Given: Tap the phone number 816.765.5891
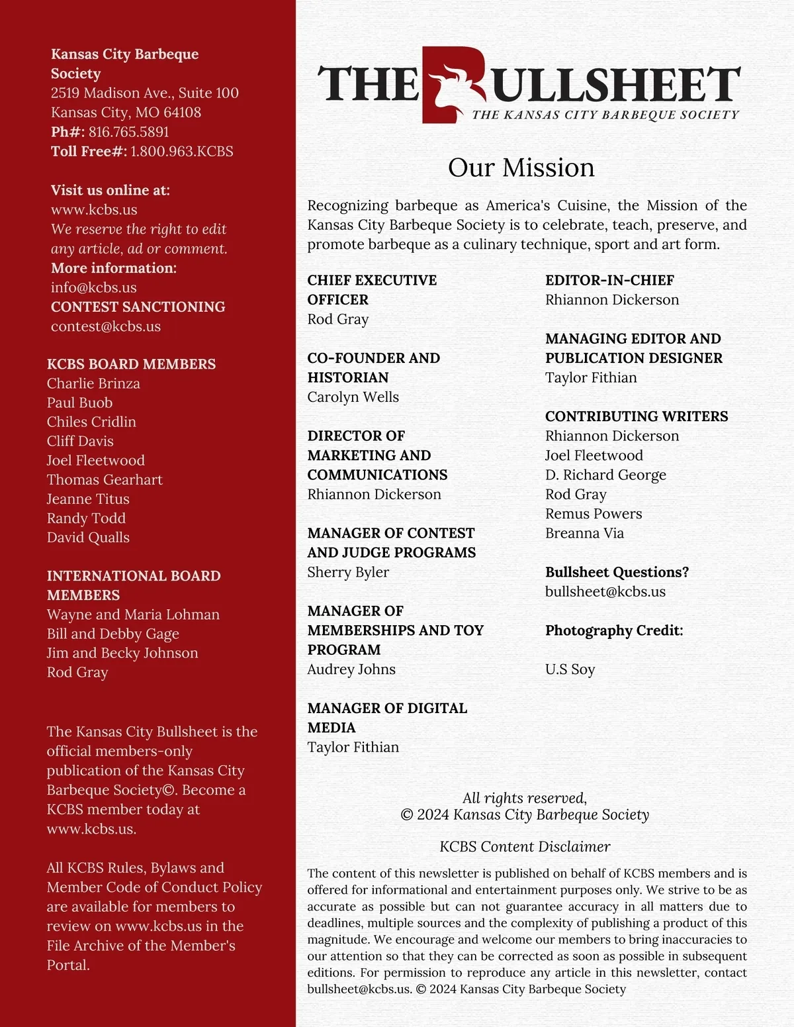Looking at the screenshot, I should (x=129, y=132).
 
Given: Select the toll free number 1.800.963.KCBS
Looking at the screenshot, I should (x=182, y=151).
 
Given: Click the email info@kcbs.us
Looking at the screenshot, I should (x=94, y=287).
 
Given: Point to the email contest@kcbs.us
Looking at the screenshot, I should (x=106, y=326).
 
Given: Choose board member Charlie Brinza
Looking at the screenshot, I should (x=93, y=383).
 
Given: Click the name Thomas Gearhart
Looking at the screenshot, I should (x=105, y=479).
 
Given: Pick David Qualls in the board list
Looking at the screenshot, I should (x=88, y=537).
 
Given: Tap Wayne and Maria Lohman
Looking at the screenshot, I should (x=133, y=614).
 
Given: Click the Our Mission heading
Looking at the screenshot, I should (x=521, y=168).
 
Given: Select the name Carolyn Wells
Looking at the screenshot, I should (x=353, y=397).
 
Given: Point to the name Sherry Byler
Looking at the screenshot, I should (x=348, y=572).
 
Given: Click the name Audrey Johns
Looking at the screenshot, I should (x=351, y=669).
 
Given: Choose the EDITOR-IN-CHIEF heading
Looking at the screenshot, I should (x=609, y=280).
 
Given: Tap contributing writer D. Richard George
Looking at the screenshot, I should (x=605, y=475).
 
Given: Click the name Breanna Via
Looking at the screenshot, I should (x=584, y=533).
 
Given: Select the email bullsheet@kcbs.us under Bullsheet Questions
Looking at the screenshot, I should (x=605, y=591).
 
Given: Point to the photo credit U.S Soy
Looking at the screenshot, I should (x=570, y=669).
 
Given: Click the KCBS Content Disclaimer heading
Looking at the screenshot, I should (x=525, y=847).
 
